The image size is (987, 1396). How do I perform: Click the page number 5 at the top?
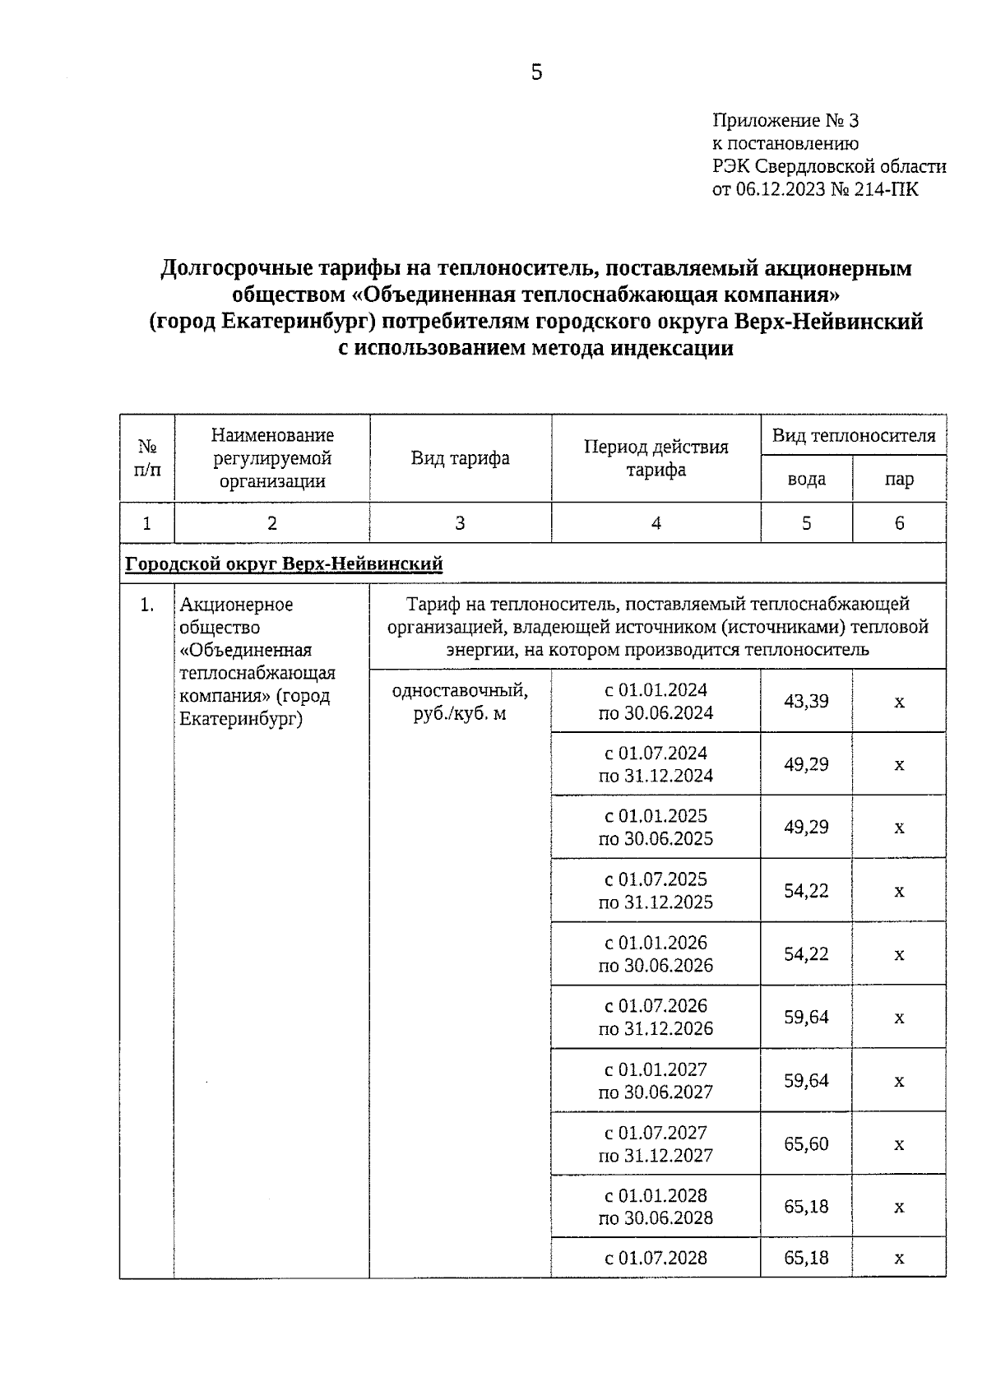point(536,73)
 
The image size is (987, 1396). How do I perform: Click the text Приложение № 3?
point(785,121)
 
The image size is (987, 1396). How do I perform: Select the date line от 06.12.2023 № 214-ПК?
point(815,190)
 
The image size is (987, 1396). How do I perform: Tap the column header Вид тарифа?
point(460,458)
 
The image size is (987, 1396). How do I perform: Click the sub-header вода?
point(806,480)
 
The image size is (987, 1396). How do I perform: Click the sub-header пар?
point(899,480)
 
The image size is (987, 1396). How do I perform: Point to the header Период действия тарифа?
point(656,458)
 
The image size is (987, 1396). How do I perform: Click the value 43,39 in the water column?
point(806,702)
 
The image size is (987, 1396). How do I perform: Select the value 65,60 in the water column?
point(806,1144)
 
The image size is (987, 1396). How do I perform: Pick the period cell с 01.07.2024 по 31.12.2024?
point(656,765)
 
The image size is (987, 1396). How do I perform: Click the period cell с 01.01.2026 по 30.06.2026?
point(656,954)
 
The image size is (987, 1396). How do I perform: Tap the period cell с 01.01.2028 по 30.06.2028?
point(656,1207)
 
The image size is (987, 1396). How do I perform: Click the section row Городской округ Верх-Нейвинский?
point(284,564)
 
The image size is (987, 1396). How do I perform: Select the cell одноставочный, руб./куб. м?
point(460,703)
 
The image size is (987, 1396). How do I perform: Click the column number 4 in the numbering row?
point(656,523)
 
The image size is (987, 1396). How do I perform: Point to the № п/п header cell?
point(147,458)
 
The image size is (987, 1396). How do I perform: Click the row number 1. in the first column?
point(147,605)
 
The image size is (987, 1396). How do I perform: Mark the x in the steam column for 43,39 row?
point(899,703)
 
